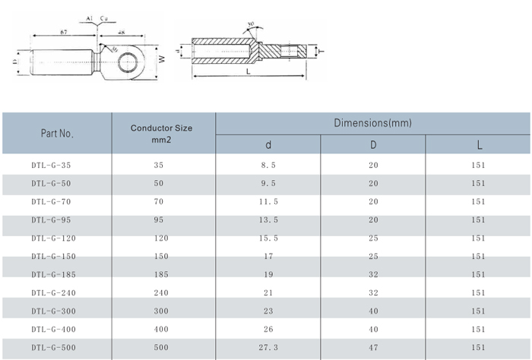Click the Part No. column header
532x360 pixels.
click(x=57, y=134)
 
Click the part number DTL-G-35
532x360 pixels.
click(x=52, y=165)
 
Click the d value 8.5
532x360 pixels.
click(x=268, y=165)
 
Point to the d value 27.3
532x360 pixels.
click(x=268, y=348)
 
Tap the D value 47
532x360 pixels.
click(x=373, y=348)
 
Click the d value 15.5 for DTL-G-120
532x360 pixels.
click(x=268, y=238)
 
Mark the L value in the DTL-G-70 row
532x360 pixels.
click(x=478, y=202)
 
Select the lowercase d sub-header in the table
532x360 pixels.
click(x=268, y=145)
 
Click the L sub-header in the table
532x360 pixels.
click(x=478, y=145)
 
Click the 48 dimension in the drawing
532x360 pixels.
click(x=122, y=31)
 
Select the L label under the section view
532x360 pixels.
click(x=249, y=71)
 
